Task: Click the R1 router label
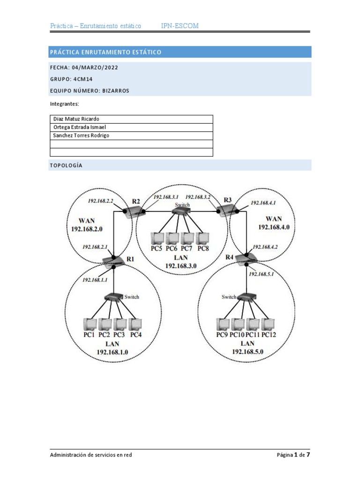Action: pos(130,259)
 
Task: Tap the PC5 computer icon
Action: pos(156,238)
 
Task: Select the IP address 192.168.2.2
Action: pos(101,201)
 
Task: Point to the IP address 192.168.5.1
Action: pos(261,274)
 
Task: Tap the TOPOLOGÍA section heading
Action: pos(66,165)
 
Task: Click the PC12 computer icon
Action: pos(268,324)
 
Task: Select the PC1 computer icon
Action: pos(90,324)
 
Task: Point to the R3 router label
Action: pos(227,200)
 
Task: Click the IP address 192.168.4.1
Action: pos(263,203)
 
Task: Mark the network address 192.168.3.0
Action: pos(180,265)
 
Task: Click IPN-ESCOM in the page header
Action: pos(180,26)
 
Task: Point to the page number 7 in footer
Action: pos(308,455)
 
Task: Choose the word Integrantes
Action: pos(64,103)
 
